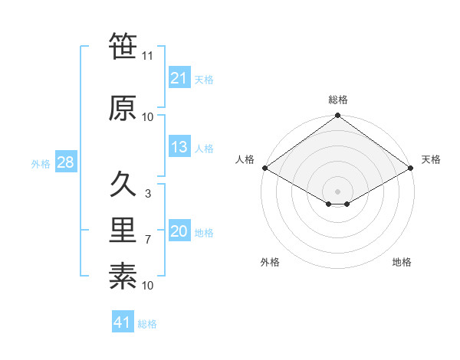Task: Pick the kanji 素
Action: [x=123, y=276]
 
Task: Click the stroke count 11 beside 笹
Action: [x=148, y=56]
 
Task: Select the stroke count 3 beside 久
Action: [x=148, y=194]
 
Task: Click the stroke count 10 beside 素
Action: [x=148, y=286]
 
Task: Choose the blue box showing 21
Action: [x=179, y=78]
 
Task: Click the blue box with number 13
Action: [x=179, y=148]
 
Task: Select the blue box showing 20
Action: [x=179, y=232]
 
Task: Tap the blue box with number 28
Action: [x=65, y=162]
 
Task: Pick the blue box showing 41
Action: [x=123, y=322]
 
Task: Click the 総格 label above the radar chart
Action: [x=338, y=100]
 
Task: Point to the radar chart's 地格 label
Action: [x=402, y=263]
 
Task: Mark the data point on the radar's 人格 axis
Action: [x=264, y=168]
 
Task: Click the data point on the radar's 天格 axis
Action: [x=411, y=168]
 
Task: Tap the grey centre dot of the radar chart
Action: [x=337, y=191]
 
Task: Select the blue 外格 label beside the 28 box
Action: [x=41, y=163]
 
